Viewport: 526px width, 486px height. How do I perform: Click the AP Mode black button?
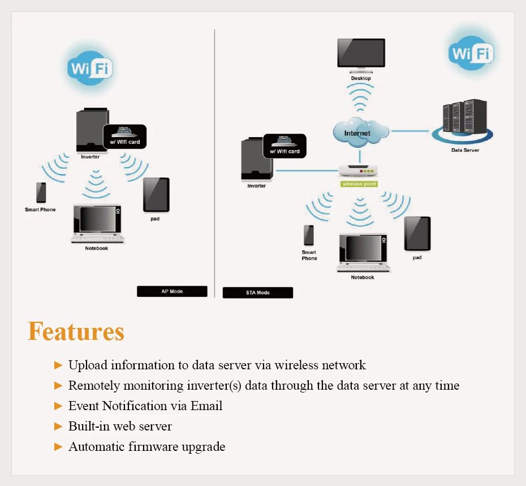click(172, 291)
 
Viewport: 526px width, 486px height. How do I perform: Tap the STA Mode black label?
click(258, 292)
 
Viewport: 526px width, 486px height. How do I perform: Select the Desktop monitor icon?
click(361, 56)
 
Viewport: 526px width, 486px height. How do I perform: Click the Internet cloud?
click(361, 133)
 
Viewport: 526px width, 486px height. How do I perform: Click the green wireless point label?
click(359, 184)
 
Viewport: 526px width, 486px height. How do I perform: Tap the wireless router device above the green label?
click(358, 171)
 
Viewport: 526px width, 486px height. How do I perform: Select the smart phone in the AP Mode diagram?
click(41, 193)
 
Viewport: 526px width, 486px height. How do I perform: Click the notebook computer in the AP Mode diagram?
click(97, 223)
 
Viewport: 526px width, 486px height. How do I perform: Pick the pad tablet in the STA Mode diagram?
click(417, 234)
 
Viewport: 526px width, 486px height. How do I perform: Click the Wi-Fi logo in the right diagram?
click(471, 53)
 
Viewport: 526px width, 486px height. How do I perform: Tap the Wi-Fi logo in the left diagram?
click(90, 68)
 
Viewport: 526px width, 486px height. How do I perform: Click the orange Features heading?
click(76, 331)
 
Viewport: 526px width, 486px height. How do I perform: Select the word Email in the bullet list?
click(206, 406)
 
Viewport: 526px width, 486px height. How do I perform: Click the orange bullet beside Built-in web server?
click(58, 426)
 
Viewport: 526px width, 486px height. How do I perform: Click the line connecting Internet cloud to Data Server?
click(410, 131)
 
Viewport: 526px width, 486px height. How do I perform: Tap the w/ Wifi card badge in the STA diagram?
click(285, 146)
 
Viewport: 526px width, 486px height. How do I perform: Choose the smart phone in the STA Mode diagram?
click(309, 235)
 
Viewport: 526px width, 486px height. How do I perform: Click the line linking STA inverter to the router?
click(307, 171)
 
